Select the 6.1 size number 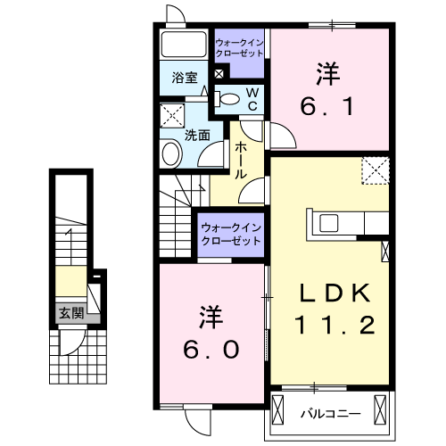point(328,107)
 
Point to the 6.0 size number point(211,351)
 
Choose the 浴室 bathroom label point(183,78)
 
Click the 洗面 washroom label point(196,136)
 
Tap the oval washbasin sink point(170,153)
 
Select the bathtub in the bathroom point(184,45)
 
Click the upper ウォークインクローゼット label point(240,47)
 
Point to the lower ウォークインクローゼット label point(230,234)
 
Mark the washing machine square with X point(170,115)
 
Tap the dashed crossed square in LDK point(376,169)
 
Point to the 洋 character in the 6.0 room point(211,315)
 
